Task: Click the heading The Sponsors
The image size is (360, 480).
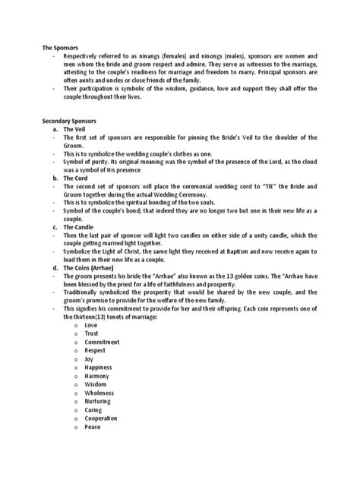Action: [61, 48]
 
